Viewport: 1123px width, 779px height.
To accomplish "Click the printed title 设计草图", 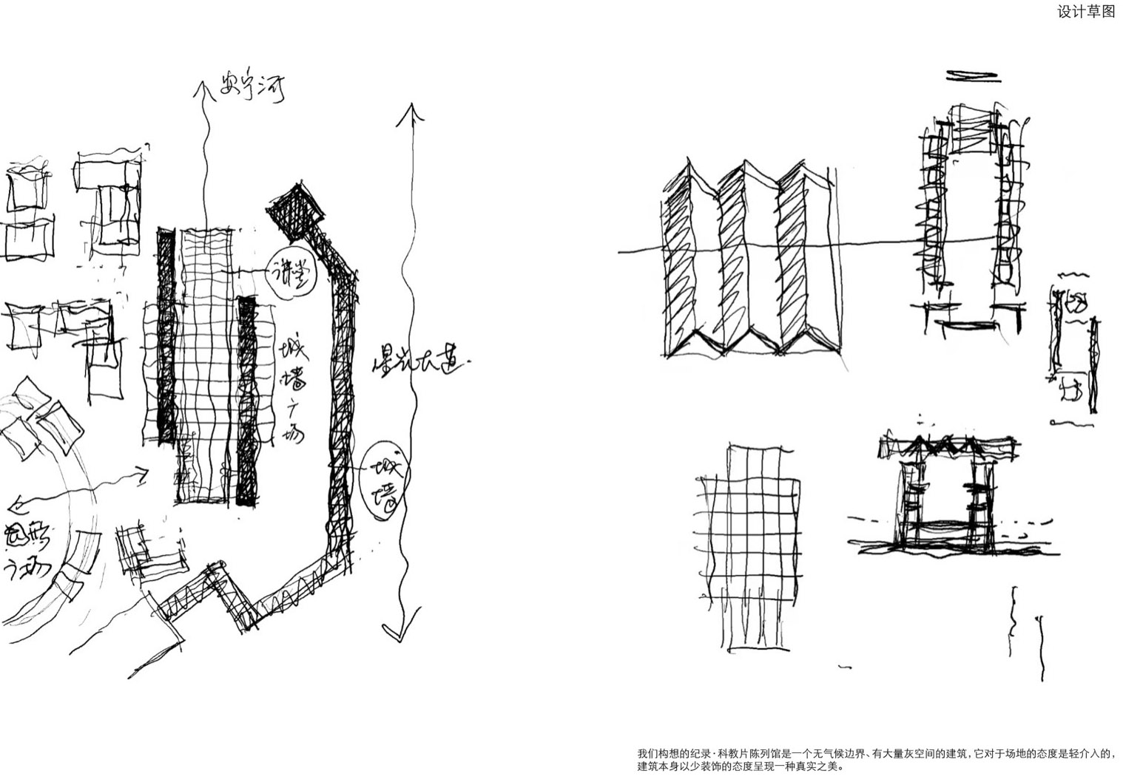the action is coord(1085,12).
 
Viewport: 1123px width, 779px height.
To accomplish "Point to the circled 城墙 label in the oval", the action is coord(385,481).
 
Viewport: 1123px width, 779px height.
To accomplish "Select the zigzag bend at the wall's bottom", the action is coord(222,591).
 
